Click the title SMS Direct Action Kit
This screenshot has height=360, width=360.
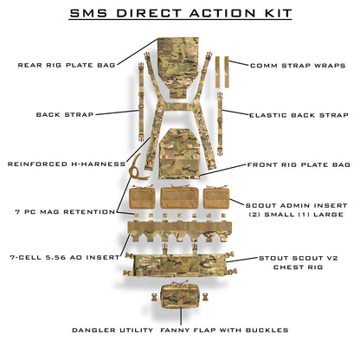point(180,15)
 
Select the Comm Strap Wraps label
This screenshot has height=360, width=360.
point(293,65)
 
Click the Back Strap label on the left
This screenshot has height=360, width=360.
point(65,114)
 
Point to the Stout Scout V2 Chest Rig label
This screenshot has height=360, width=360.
point(299,262)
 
